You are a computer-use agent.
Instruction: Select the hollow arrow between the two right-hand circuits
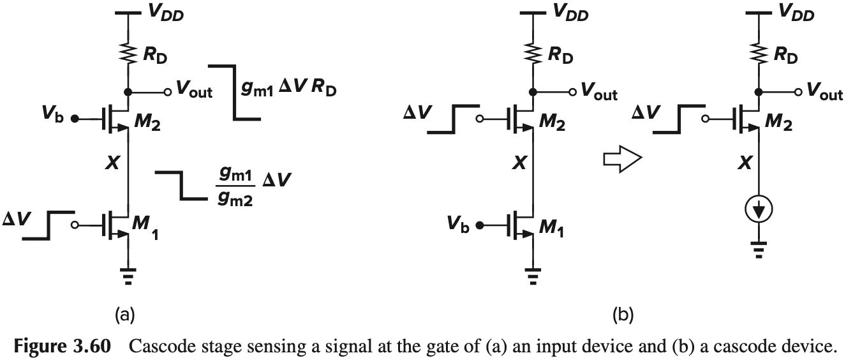tap(621, 160)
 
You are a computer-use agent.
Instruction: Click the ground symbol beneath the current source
tap(758, 247)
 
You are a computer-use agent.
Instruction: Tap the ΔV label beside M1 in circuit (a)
tap(14, 217)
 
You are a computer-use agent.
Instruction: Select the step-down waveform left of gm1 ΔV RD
tap(236, 92)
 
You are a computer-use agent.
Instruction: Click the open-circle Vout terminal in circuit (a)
tap(167, 92)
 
